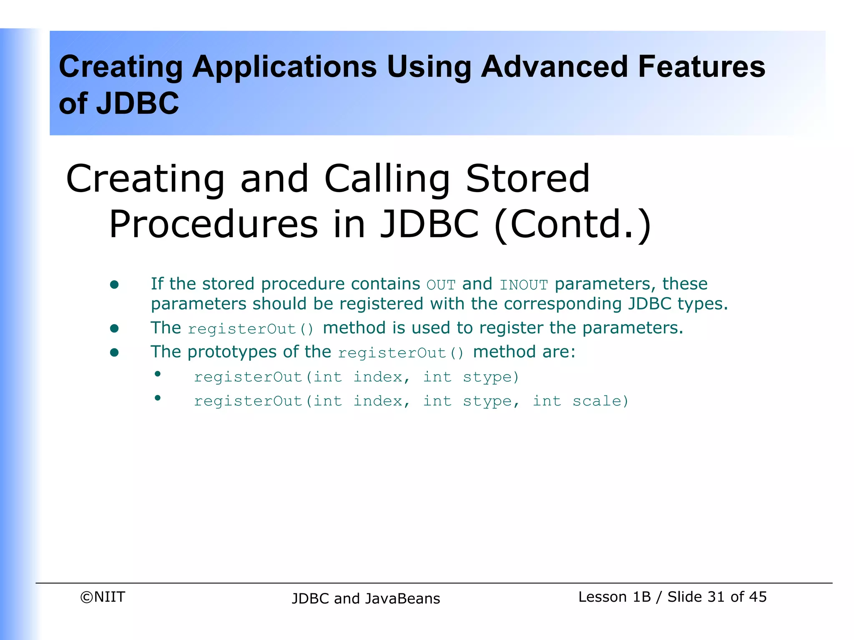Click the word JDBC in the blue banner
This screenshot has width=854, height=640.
(138, 103)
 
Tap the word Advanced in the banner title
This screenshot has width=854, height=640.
(554, 67)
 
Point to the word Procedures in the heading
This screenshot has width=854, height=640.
(213, 224)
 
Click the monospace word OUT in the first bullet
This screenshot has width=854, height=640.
(441, 285)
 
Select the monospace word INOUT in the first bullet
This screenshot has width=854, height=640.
(523, 285)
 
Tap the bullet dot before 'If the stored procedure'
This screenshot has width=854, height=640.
(114, 285)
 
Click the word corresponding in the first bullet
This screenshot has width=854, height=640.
(563, 304)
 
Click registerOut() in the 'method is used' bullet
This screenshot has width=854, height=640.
(251, 329)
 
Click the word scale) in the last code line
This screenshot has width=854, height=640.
(600, 401)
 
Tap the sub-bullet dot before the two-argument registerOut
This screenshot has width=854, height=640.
(158, 374)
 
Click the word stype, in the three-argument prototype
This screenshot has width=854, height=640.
(491, 401)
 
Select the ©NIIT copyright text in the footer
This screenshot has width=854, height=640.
(103, 597)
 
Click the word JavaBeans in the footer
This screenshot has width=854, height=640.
(402, 598)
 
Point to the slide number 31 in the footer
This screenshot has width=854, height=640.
(716, 597)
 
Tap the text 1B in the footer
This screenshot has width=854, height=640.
(641, 597)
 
